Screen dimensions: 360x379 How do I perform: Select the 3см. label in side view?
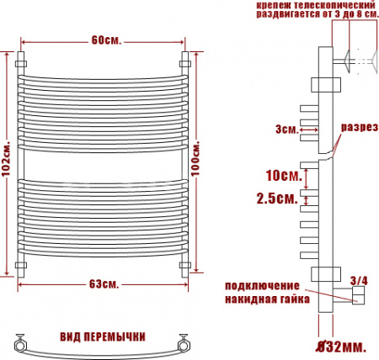tap(286, 130)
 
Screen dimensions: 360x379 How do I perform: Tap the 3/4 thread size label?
tap(357, 278)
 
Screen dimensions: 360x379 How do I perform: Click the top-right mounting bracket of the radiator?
tap(185, 62)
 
